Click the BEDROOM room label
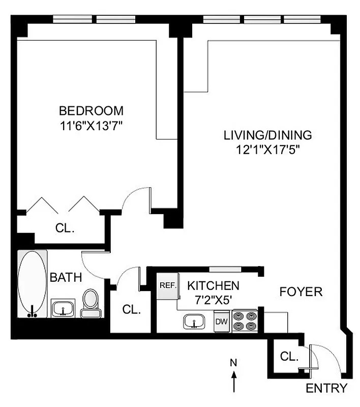91,110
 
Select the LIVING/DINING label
267,135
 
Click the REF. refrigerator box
167,285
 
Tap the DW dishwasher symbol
221,322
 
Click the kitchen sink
194,321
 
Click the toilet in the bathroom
91,303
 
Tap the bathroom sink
63,309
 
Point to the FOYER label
301,292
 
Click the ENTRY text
327,389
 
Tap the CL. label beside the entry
289,357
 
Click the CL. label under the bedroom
65,228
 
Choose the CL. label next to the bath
132,309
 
